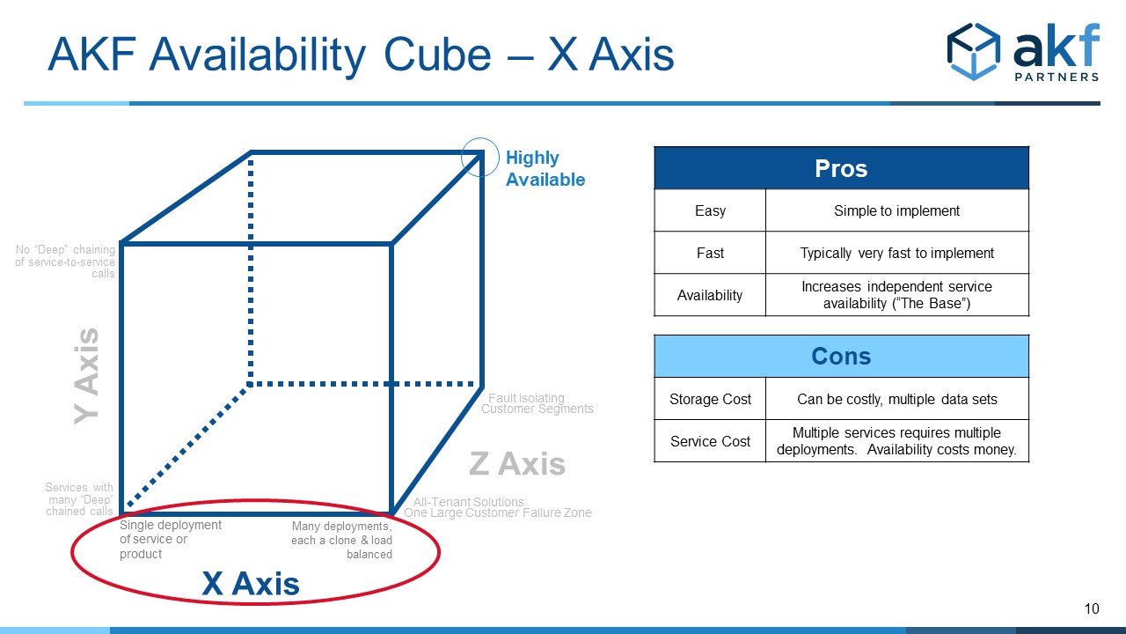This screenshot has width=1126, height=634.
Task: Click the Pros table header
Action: pos(842,168)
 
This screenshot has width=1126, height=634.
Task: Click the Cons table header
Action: pos(842,357)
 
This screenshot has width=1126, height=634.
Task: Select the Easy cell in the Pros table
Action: pos(710,210)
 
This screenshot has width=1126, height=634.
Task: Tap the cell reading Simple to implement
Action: pos(897,210)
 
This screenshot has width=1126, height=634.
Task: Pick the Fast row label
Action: pos(710,253)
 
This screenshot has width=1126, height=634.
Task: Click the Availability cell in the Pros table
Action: pos(710,295)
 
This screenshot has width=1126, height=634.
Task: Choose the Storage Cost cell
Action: pos(710,399)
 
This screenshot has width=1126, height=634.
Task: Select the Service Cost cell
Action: pos(710,441)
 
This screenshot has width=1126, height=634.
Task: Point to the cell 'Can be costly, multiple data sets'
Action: pos(897,399)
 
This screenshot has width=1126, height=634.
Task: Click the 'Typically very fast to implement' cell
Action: pos(897,253)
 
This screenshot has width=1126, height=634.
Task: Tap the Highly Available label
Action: pos(545,168)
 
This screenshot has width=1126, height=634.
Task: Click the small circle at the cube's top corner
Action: pos(480,157)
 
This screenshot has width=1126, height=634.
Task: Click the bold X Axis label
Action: pos(251,584)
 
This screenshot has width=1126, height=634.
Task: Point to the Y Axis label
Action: pos(86,376)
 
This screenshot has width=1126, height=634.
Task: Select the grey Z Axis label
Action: pos(517,463)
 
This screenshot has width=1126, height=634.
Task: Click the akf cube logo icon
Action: pos(974,51)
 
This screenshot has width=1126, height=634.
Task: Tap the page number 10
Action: pos(1092,608)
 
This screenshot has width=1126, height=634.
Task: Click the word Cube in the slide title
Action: pos(437,55)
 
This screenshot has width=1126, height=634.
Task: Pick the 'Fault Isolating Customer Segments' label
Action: pos(537,403)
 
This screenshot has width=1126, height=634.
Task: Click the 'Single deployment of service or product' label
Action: pos(171,540)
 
